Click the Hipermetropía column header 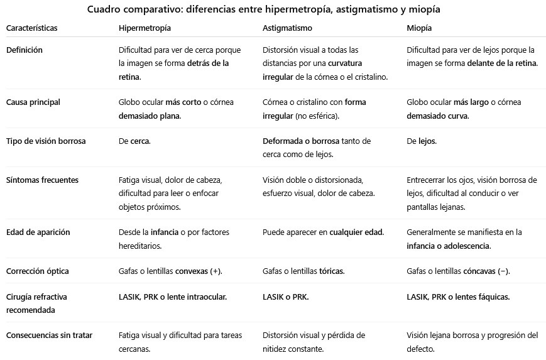(x=145, y=29)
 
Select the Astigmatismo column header (x=287, y=29)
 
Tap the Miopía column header (x=419, y=29)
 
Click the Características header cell (x=31, y=29)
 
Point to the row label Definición (x=25, y=50)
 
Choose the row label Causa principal (x=33, y=102)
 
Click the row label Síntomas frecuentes (x=42, y=180)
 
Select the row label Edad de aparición (x=38, y=232)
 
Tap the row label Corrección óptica (x=37, y=271)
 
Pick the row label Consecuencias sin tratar (x=49, y=335)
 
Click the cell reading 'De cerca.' (x=134, y=141)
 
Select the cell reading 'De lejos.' (x=422, y=141)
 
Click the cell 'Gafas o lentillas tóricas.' (x=303, y=271)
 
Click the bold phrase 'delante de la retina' (x=503, y=63)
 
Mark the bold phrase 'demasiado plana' (x=149, y=116)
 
